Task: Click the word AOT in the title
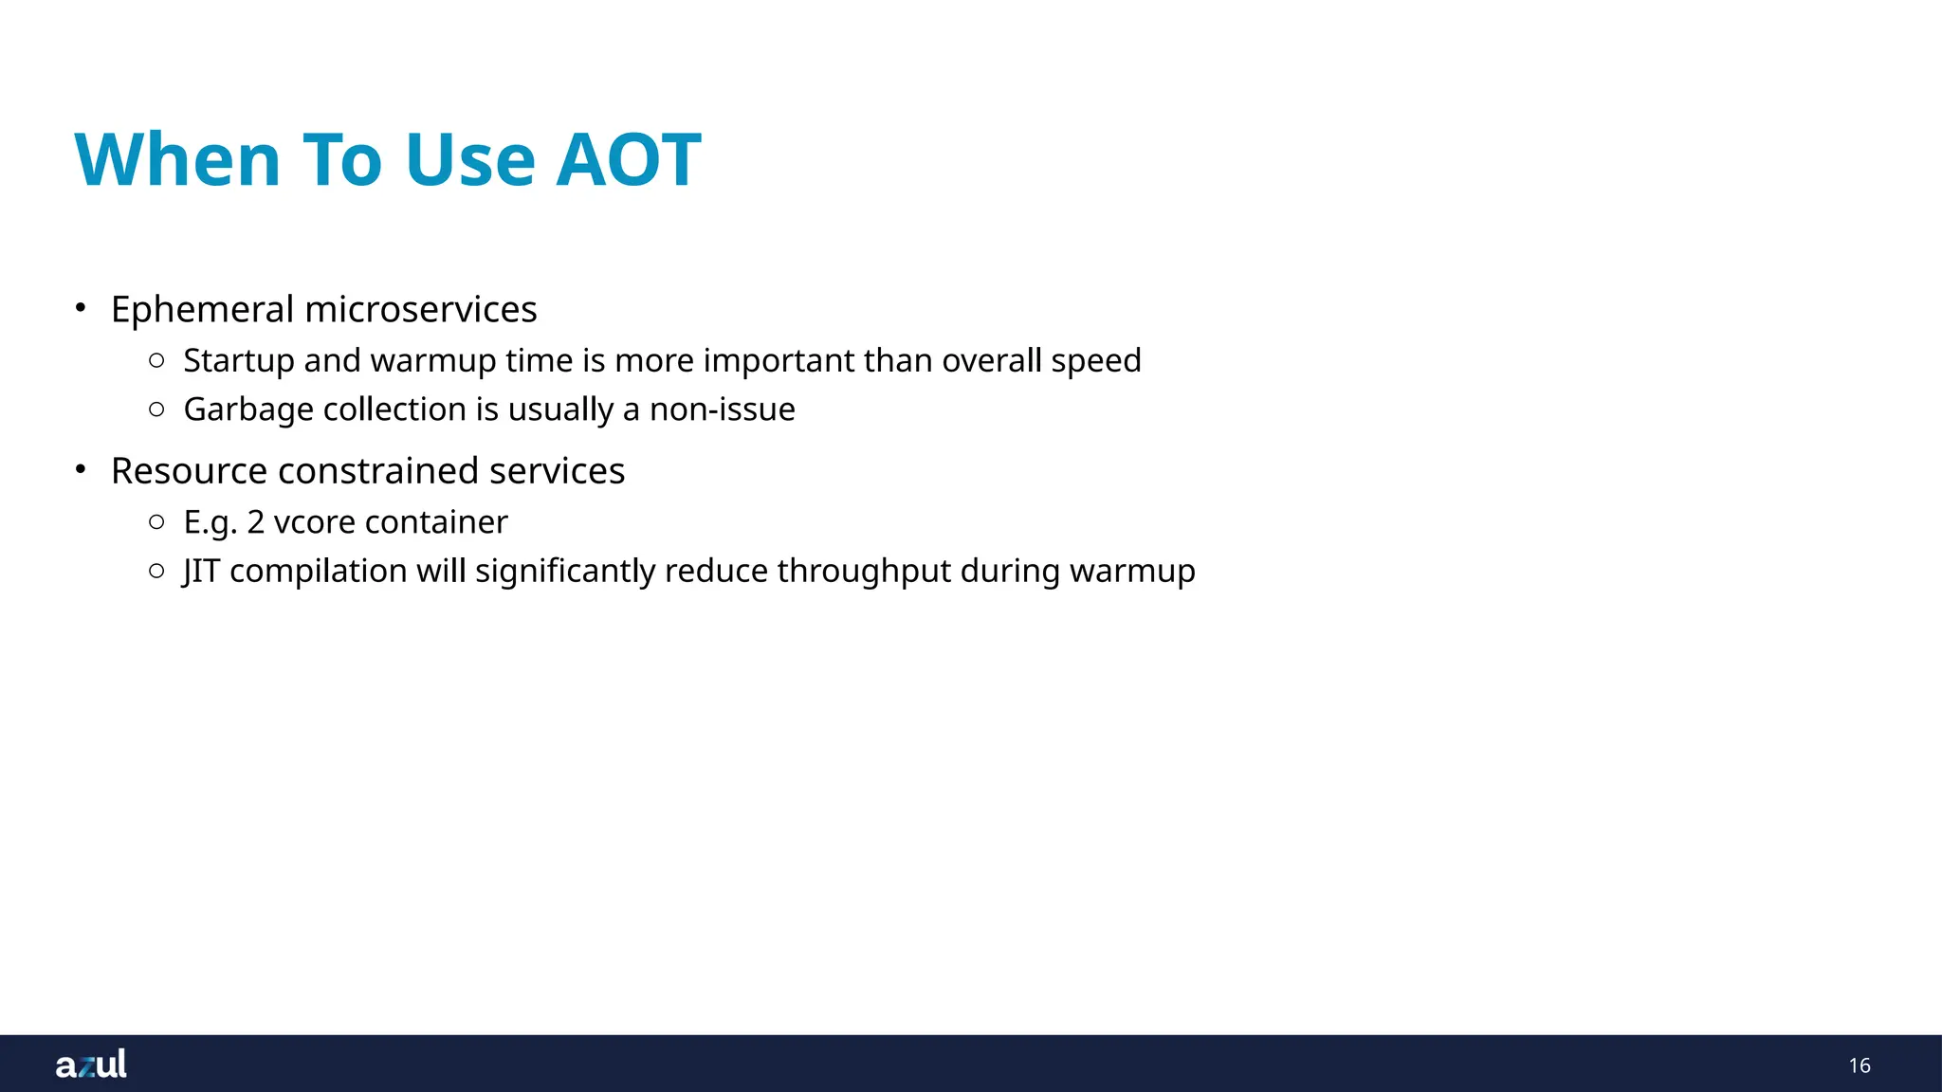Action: [628, 159]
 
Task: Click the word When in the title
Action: [177, 159]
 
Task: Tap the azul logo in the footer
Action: [91, 1065]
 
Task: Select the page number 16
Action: [1859, 1065]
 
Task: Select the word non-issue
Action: [722, 409]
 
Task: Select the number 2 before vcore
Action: [255, 522]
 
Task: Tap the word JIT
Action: [201, 572]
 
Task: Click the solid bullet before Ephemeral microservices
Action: [82, 308]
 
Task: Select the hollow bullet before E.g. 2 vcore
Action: [157, 521]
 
